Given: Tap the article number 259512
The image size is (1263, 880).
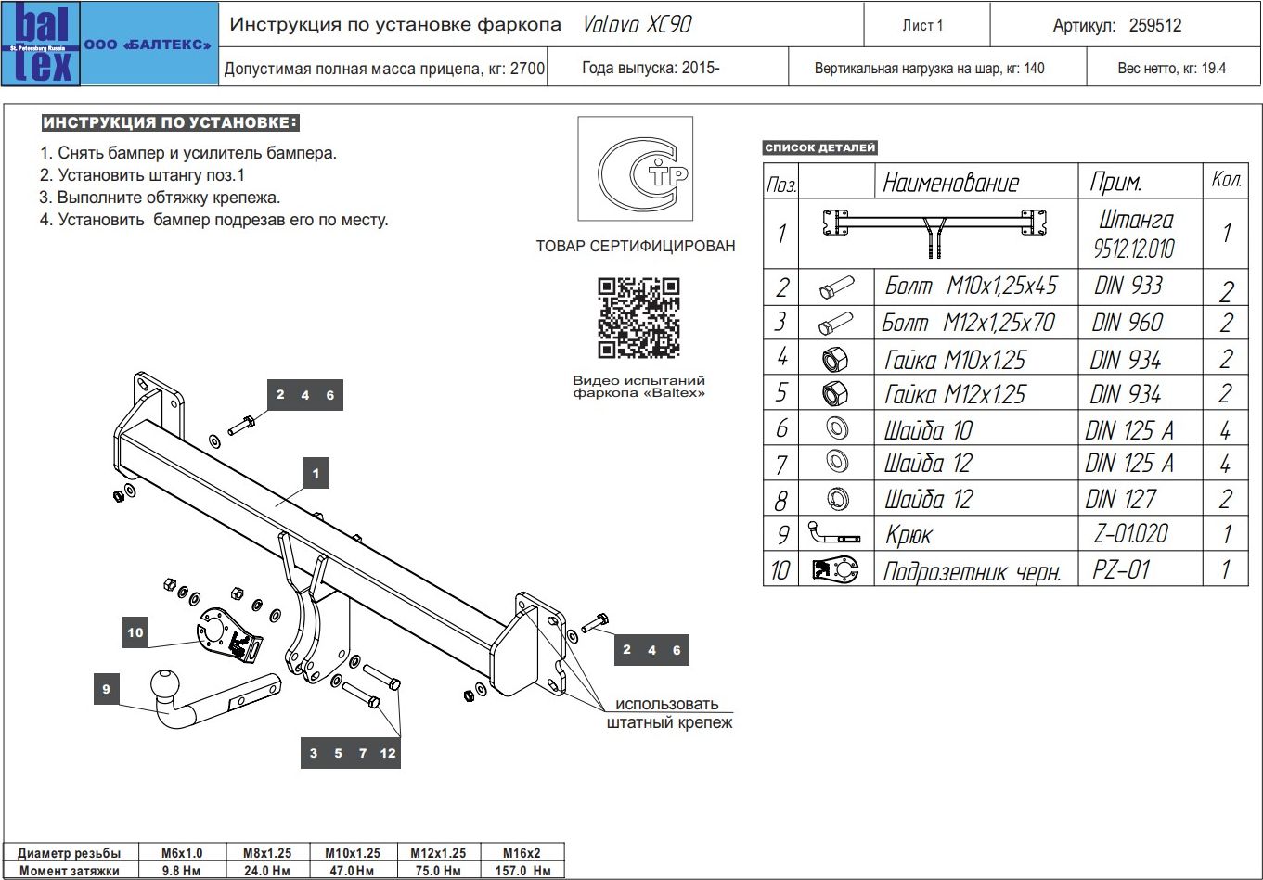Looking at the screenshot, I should coord(1155,26).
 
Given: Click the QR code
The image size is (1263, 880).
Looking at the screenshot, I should coord(638,318).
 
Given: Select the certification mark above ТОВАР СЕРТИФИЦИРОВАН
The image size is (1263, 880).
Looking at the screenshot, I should coord(636,169).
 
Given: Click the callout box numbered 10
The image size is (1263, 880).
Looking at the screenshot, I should coord(135,632).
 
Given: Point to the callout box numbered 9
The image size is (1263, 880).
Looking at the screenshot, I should coord(107,689).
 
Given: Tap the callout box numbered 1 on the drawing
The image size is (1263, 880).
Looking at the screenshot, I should coord(316,473).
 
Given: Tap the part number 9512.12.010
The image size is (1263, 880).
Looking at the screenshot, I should coord(1134,249).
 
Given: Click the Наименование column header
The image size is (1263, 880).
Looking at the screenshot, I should coord(950,183).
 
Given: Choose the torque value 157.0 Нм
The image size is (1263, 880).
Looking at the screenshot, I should coord(522,871).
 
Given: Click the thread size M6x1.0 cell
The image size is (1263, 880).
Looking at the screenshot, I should coord(182,853).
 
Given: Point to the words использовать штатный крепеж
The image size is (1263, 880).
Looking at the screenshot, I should coord(669,713).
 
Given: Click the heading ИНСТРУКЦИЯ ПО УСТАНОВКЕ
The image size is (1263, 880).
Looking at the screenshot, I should coord(171,123).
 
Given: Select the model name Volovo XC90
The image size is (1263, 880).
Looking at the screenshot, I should coord(637,25).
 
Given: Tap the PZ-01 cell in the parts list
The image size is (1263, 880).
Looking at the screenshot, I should coord(1121,569).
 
